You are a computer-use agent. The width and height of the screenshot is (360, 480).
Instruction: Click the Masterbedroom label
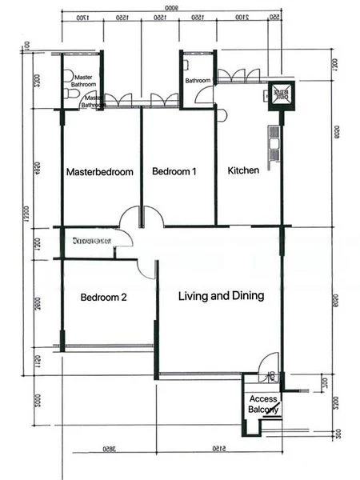click(99, 172)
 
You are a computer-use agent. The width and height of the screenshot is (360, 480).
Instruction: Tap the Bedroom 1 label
click(174, 172)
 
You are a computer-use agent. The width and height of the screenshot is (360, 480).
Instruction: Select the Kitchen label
click(243, 171)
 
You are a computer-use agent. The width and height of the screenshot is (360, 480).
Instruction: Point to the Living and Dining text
click(221, 296)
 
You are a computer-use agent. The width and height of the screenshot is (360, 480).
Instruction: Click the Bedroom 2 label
click(103, 298)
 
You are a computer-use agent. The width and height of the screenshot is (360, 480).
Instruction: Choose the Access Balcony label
click(263, 404)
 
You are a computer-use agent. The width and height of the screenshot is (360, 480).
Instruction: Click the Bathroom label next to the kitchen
click(198, 81)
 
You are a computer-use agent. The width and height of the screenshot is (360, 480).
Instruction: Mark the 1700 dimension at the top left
click(81, 17)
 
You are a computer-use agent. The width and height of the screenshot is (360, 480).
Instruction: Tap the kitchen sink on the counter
click(274, 145)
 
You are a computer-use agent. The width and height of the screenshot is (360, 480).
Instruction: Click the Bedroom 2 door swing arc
click(146, 268)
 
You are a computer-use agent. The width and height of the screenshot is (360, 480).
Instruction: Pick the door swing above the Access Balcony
click(270, 365)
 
